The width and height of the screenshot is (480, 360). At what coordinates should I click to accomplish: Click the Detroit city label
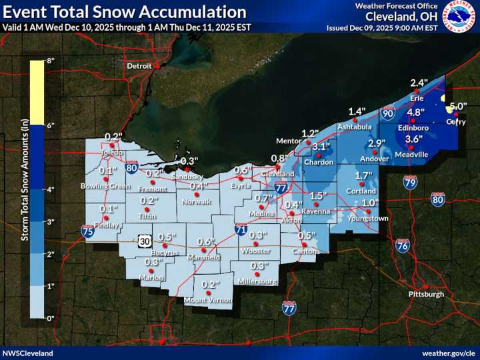coord(139,67)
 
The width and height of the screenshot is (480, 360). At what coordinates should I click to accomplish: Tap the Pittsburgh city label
coord(425,294)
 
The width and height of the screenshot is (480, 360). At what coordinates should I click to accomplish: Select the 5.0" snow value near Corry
coord(458,106)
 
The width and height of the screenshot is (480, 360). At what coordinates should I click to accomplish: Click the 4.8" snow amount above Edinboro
coord(416,112)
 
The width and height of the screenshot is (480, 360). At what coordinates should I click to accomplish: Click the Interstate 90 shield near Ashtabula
coord(388,114)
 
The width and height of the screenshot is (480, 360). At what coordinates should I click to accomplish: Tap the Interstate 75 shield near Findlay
coord(87,231)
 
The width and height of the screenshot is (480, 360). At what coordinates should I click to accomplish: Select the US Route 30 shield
coord(145,241)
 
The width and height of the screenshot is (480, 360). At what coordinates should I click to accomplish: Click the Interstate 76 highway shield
coord(402,245)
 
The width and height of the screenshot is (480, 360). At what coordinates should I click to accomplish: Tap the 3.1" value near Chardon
coord(321,147)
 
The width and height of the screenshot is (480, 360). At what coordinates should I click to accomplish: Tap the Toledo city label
coord(112,152)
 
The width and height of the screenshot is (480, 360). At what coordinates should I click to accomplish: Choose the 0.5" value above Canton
coord(306,235)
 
